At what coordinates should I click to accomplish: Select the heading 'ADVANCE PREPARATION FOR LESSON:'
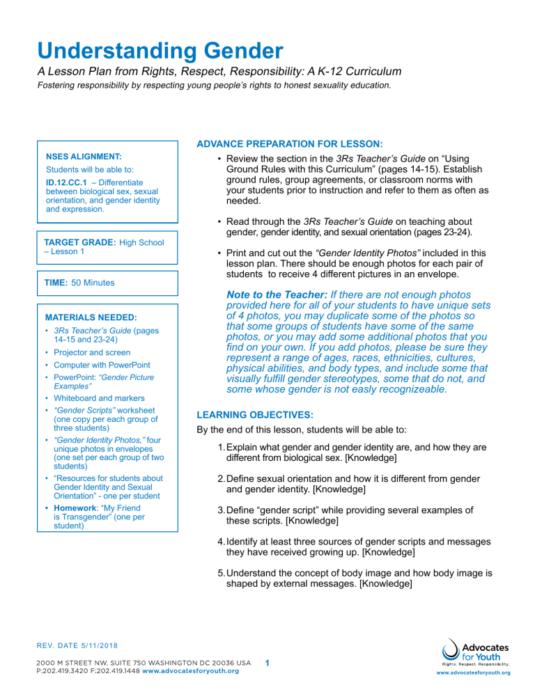pos(289,144)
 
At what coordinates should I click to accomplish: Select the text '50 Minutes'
pos(94,283)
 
